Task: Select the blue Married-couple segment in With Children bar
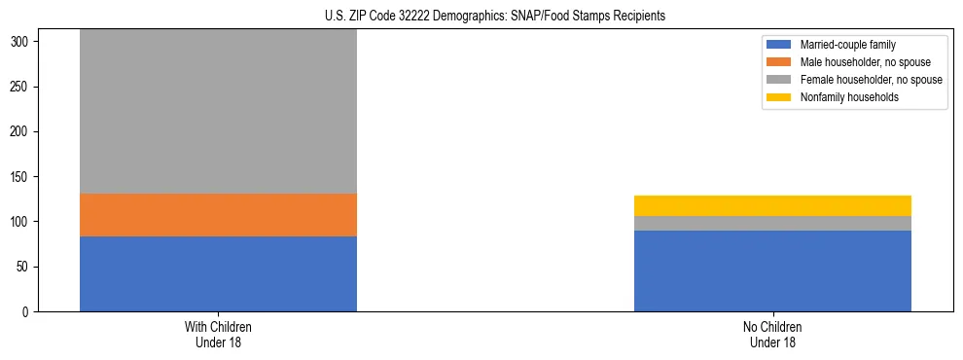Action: [218, 273]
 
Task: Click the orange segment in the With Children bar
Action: [218, 215]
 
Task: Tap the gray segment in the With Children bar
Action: [218, 111]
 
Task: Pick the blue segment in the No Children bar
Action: [772, 270]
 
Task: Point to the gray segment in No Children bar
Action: [772, 223]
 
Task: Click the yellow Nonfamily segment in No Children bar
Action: [772, 205]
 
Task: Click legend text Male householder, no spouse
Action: [864, 62]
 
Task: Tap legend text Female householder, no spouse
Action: [871, 80]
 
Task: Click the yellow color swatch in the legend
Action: [779, 97]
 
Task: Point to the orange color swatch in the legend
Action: [779, 62]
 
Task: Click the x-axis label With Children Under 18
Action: [218, 335]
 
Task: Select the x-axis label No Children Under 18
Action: [772, 335]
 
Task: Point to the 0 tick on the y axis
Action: [26, 312]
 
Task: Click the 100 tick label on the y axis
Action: [19, 222]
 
